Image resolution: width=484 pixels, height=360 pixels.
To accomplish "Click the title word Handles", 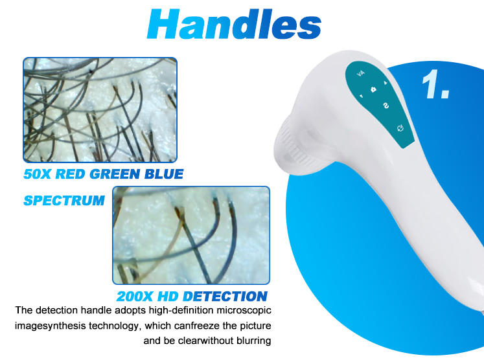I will (x=234, y=25).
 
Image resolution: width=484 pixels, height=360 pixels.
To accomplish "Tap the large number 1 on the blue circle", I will (x=435, y=85).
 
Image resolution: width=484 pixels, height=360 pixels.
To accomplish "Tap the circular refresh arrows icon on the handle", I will (x=400, y=128).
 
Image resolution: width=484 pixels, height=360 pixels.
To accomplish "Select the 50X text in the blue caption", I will (x=41, y=174).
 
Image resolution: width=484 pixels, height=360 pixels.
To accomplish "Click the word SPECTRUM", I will (x=63, y=201).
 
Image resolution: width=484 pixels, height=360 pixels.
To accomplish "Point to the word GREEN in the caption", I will (x=120, y=174).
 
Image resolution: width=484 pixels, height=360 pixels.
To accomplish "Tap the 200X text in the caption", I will (x=138, y=297).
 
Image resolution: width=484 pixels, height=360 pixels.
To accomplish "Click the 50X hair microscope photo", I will (x=100, y=109).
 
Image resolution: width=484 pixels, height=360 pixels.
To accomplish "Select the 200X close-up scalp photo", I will (x=191, y=235).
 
